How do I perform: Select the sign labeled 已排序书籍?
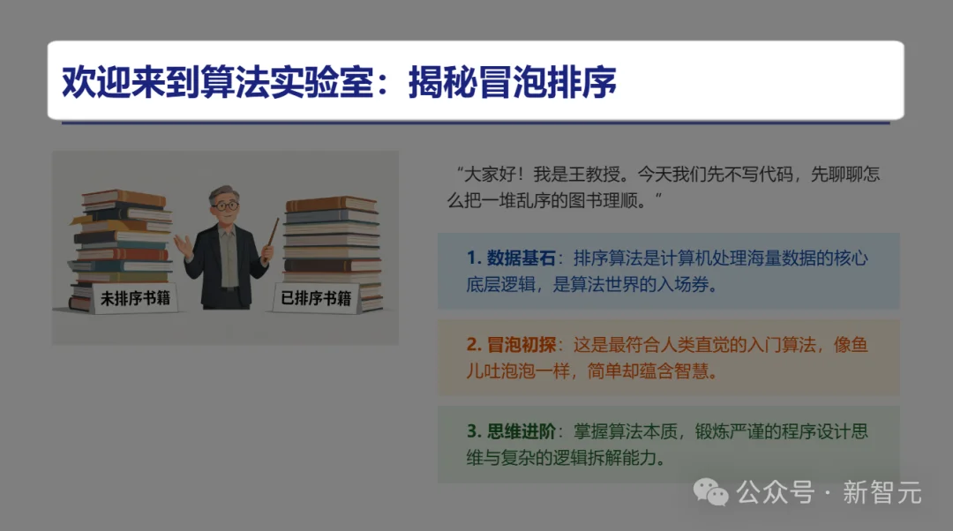point(315,298)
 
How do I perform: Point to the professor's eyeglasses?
point(226,206)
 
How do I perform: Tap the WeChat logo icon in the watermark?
point(710,491)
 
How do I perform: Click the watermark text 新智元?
point(882,492)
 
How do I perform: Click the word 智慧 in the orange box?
point(698,371)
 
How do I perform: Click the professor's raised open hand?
point(182,243)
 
